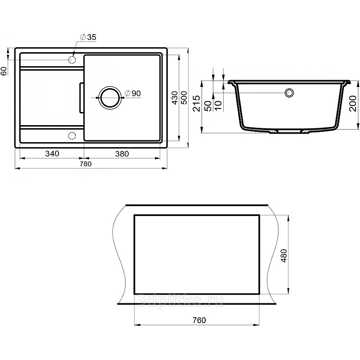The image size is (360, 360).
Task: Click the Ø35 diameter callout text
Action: click(x=88, y=37)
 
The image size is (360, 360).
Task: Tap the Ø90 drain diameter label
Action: click(x=132, y=93)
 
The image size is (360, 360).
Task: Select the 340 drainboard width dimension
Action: click(x=52, y=153)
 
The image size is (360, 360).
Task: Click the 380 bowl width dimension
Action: click(x=122, y=153)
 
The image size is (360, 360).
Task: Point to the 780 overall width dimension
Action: click(x=85, y=164)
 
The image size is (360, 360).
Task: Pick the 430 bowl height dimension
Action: click(x=175, y=98)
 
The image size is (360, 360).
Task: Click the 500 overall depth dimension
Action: click(x=184, y=98)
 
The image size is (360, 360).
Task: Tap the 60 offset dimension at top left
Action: click(x=4, y=71)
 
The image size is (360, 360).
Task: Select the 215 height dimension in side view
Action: click(x=197, y=103)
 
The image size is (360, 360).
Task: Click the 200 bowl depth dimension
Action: click(x=353, y=103)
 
